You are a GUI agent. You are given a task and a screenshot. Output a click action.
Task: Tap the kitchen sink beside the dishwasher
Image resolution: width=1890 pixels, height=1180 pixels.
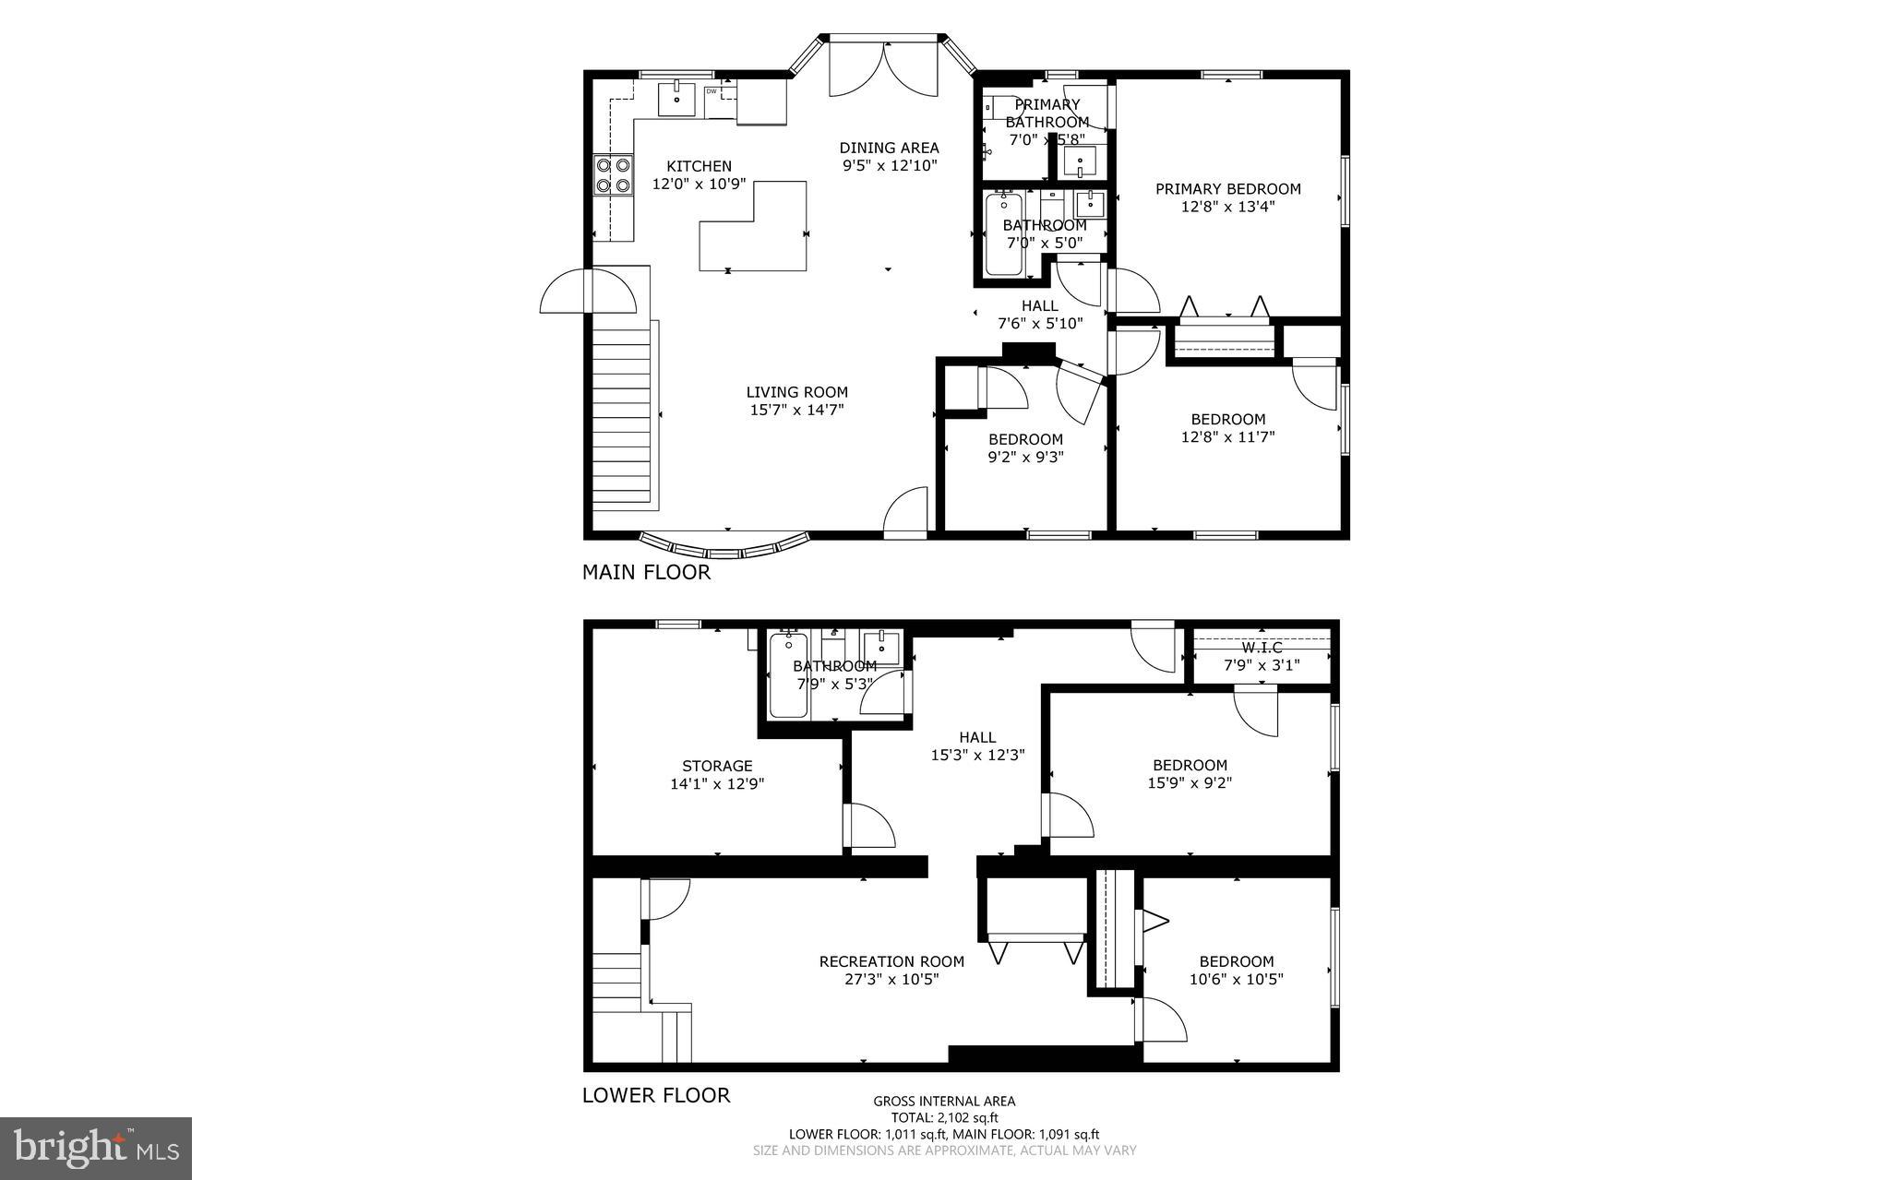click(x=676, y=99)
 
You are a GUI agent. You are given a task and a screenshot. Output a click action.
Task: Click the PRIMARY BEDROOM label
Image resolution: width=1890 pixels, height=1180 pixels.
click(x=1227, y=189)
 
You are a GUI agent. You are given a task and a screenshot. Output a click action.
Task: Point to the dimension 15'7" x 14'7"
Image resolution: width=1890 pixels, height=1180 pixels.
click(x=796, y=410)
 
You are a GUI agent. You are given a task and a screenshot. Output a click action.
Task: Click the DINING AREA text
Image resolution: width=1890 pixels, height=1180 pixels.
click(x=889, y=148)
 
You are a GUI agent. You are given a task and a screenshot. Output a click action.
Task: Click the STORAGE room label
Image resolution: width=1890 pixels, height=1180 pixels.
click(x=717, y=766)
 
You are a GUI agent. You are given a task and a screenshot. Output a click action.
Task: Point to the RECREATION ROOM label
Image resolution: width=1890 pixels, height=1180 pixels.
click(x=891, y=961)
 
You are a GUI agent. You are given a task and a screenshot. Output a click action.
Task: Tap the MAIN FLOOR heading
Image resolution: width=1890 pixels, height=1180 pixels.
click(x=646, y=572)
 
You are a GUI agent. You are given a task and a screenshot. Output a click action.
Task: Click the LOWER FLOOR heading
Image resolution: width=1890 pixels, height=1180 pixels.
click(x=655, y=1095)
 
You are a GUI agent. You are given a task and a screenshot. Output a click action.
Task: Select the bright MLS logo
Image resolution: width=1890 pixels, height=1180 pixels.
click(x=95, y=1148)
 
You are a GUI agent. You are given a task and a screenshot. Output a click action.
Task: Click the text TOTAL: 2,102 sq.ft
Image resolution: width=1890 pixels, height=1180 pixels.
click(x=943, y=1117)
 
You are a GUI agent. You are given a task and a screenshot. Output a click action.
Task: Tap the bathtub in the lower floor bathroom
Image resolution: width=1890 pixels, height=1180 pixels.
click(x=788, y=675)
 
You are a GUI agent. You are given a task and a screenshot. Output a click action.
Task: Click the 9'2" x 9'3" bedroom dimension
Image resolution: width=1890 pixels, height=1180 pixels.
click(x=1025, y=456)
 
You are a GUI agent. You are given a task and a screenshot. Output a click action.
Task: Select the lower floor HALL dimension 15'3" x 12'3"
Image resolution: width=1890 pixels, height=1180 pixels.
click(x=977, y=755)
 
